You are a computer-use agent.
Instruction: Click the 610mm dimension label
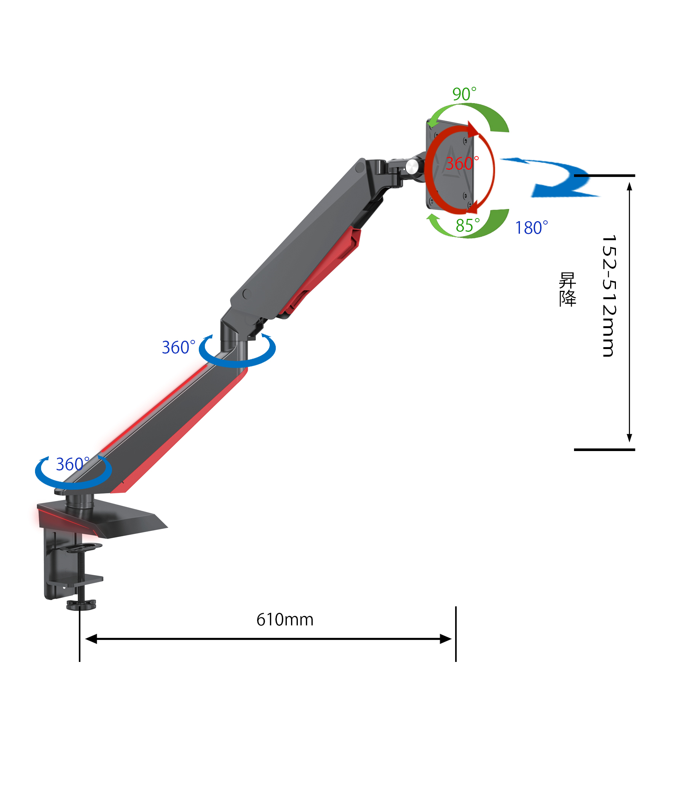click(x=285, y=620)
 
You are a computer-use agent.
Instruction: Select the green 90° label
click(x=464, y=94)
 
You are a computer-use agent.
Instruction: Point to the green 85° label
click(x=467, y=225)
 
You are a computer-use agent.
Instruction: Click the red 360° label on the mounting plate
click(x=462, y=163)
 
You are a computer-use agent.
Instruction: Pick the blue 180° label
click(x=531, y=228)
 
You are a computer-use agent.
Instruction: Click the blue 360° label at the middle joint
click(x=179, y=347)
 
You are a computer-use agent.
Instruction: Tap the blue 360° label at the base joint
click(x=73, y=464)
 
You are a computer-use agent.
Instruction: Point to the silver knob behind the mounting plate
click(x=411, y=167)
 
